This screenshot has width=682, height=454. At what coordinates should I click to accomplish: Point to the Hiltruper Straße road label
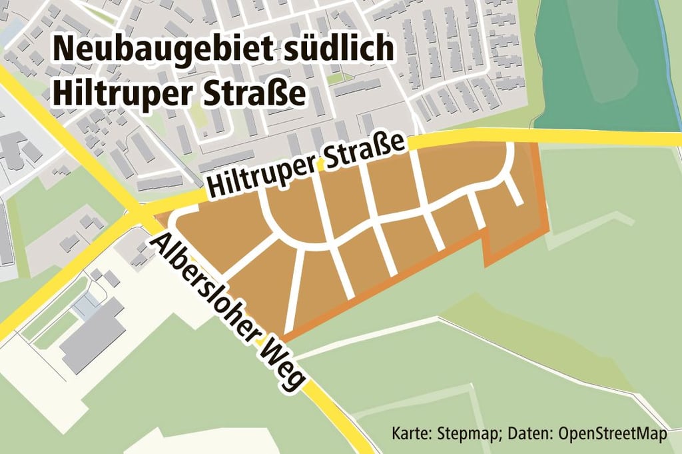306,164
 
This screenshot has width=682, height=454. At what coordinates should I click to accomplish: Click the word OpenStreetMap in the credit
612,434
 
